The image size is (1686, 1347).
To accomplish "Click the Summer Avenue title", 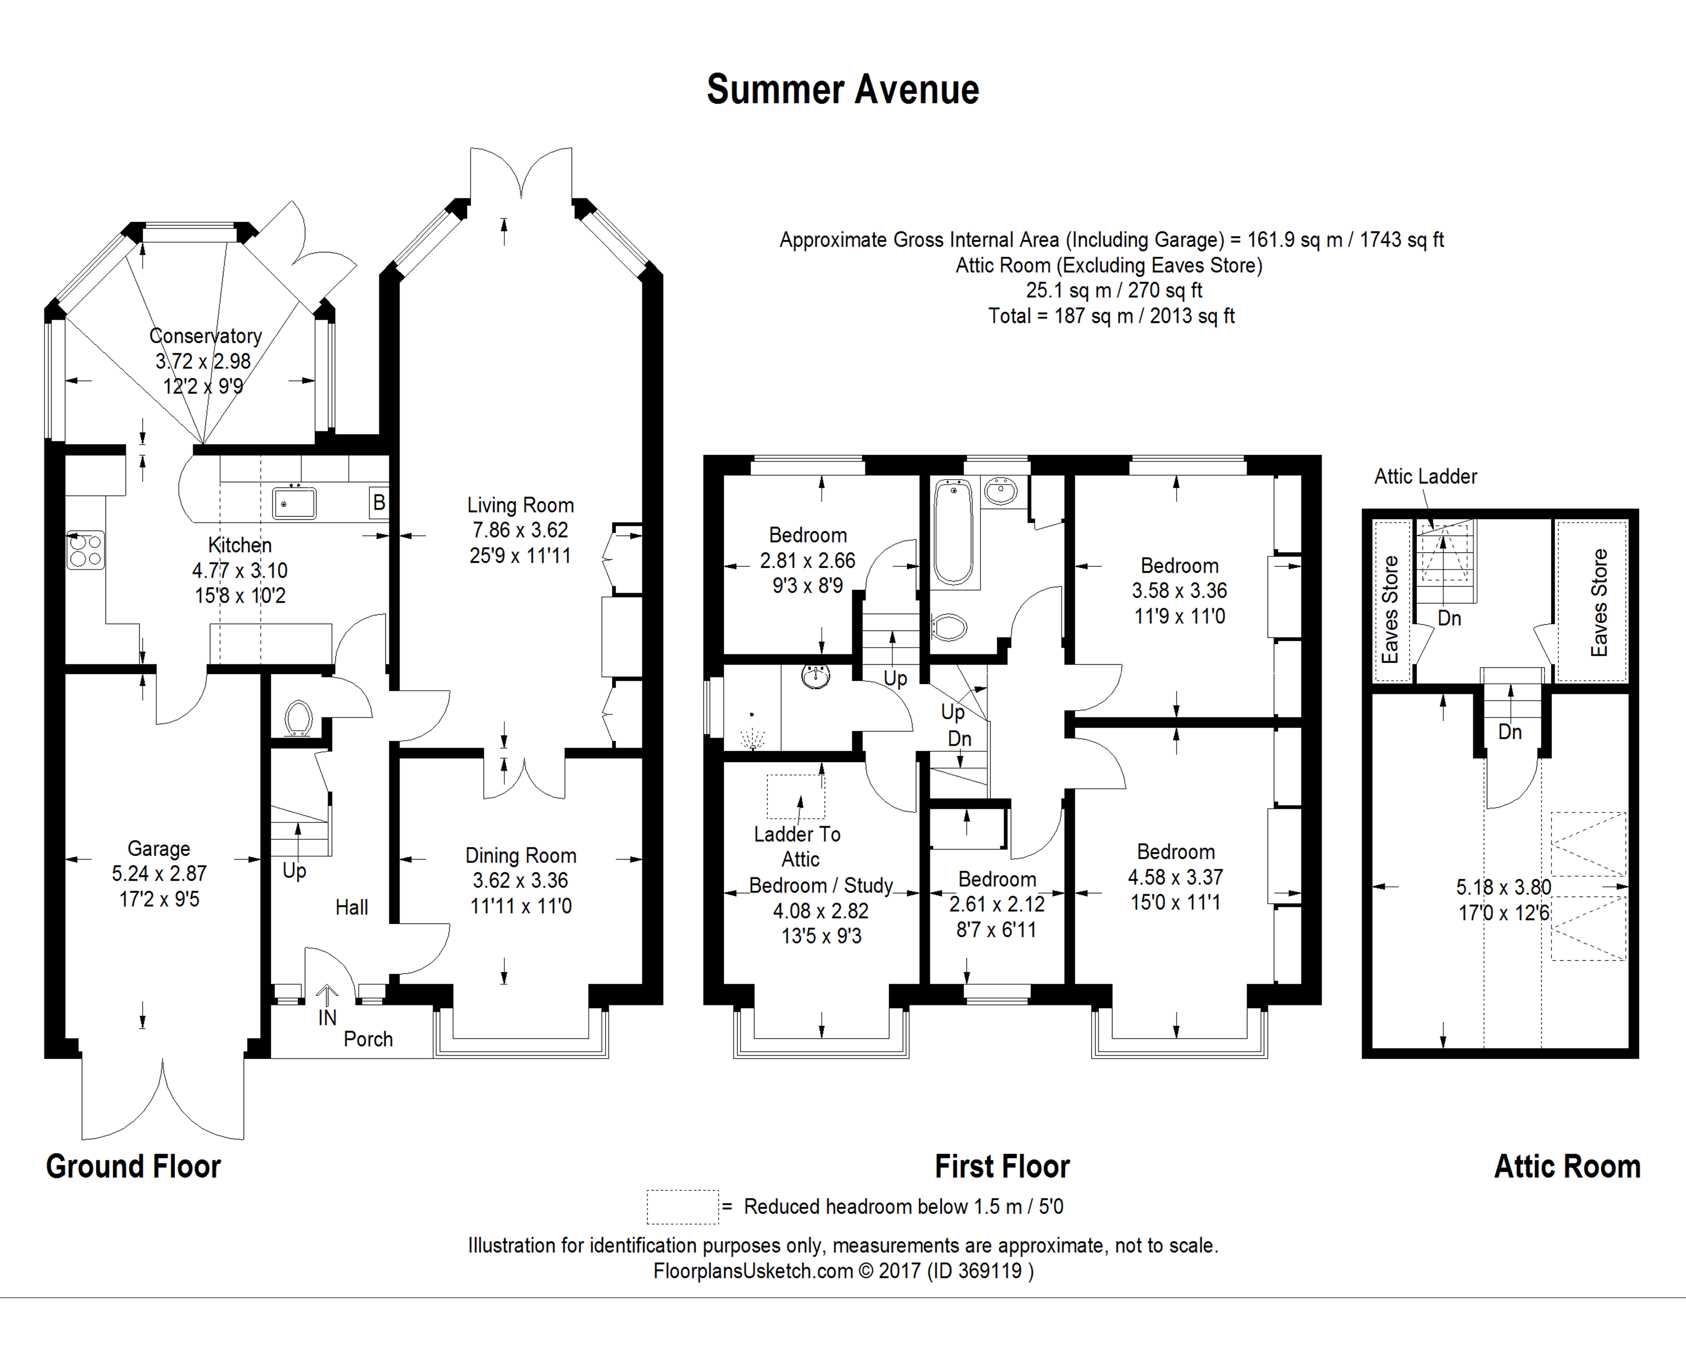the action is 842,90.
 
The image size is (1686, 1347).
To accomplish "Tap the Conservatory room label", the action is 206,336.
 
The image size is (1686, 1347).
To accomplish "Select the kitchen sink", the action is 294,503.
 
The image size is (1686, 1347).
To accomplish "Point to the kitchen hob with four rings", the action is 85,549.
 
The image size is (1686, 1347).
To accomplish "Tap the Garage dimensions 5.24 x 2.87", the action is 160,874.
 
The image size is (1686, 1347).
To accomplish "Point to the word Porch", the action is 368,1039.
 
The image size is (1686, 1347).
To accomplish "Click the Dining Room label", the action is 521,856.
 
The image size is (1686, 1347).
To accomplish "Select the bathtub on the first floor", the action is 953,531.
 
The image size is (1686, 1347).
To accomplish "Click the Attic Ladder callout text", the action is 1426,477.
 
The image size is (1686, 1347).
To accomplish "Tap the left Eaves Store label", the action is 1390,610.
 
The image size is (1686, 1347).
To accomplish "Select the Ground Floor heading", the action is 134,1167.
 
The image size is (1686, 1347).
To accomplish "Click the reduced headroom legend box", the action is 682,1206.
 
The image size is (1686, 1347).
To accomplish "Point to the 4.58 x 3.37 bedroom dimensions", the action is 1175,877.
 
